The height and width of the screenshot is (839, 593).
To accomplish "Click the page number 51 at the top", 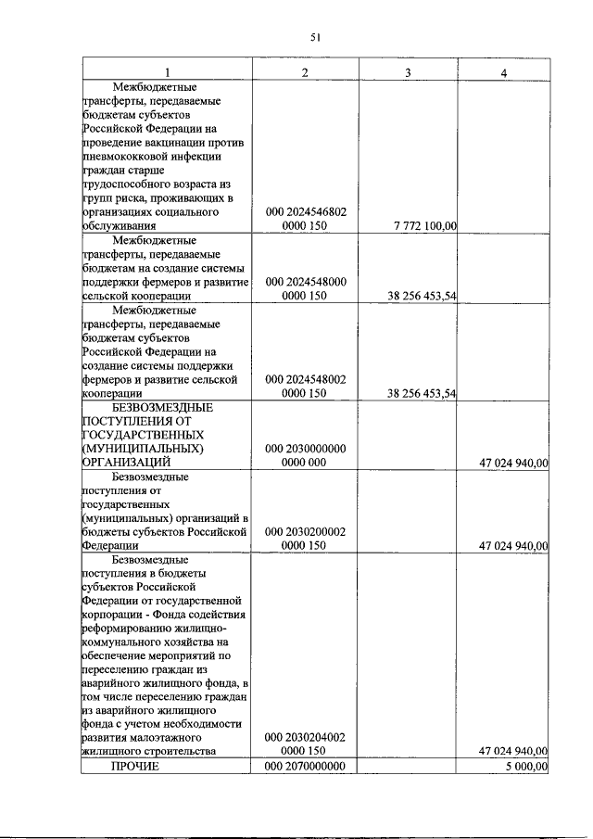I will coord(315,37).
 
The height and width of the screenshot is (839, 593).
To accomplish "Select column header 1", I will coord(167,72).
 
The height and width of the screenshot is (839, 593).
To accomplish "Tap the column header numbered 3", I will coord(408,72).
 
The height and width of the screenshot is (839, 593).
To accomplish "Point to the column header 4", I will coord(503,72).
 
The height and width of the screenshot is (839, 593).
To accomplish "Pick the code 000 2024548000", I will coord(306,280).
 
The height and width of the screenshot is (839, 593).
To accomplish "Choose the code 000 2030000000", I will coord(306,449).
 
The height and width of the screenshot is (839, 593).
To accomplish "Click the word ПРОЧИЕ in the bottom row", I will coord(135,767).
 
